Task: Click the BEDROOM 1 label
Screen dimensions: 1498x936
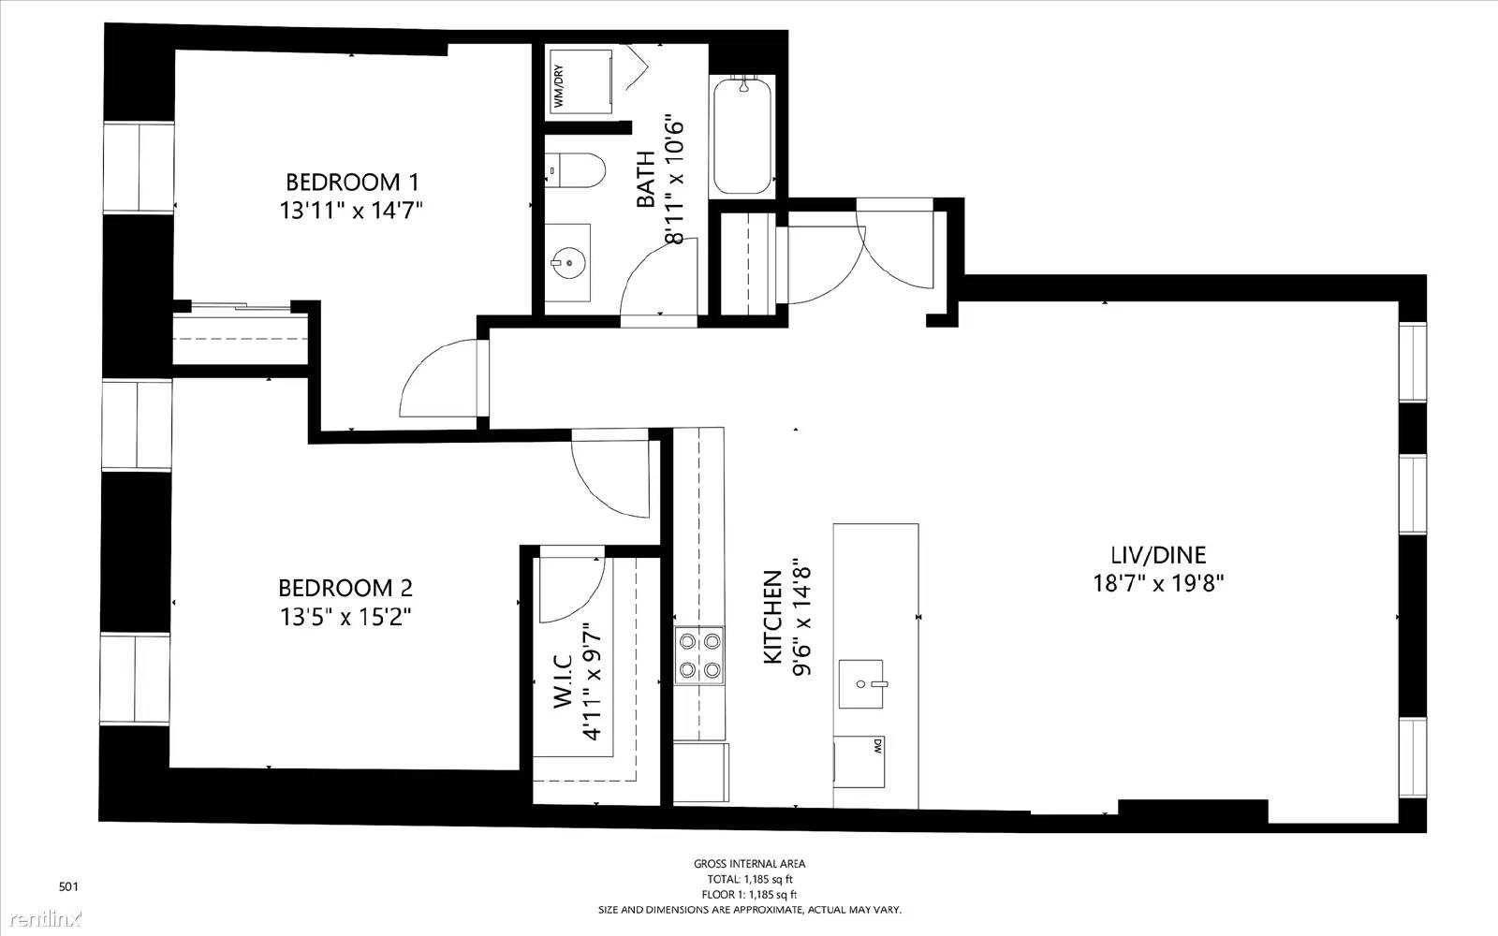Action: pos(352,182)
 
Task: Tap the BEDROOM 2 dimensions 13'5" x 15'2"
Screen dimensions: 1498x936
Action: pos(345,617)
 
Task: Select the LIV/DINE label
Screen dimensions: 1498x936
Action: pos(1158,555)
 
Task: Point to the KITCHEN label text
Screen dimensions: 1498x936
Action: pos(772,617)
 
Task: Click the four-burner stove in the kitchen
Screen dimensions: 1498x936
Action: pos(699,655)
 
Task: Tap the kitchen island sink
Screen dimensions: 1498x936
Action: pos(861,684)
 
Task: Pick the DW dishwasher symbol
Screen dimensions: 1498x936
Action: pos(859,762)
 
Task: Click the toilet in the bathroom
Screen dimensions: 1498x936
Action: pos(575,169)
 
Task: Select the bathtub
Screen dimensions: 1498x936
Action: pos(742,136)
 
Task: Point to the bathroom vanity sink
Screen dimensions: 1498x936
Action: pos(568,263)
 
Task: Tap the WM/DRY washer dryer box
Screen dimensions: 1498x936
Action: pos(579,85)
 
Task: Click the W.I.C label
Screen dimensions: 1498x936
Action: pos(563,681)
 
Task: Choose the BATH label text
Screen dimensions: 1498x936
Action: pos(646,179)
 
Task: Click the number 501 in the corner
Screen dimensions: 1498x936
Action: pos(69,887)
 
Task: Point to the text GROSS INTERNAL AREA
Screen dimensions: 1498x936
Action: pos(749,864)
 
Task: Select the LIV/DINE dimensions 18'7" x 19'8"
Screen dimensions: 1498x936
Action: pos(1158,584)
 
